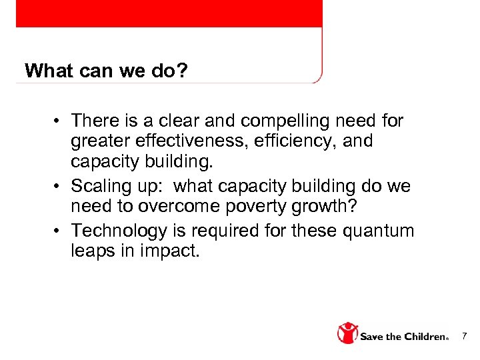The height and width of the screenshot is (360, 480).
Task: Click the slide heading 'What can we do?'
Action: pyautogui.click(x=106, y=70)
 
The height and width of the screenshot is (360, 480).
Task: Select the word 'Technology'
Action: pyautogui.click(x=119, y=231)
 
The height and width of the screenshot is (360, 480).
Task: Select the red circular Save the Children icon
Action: pyautogui.click(x=347, y=333)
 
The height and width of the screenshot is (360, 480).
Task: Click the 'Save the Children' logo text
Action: pyautogui.click(x=403, y=336)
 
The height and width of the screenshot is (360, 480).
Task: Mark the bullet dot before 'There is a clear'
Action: pyautogui.click(x=59, y=121)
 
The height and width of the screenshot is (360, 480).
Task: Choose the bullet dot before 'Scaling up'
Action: pyautogui.click(x=59, y=185)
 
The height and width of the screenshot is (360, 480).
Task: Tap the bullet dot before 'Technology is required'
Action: pyautogui.click(x=59, y=231)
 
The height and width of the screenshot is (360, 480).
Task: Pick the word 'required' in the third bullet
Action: pyautogui.click(x=217, y=231)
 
